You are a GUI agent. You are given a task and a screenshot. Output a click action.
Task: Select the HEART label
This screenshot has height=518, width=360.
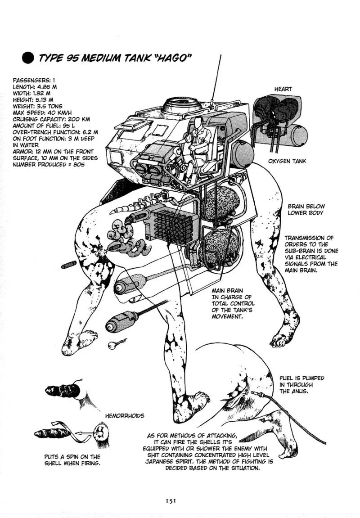click(283, 89)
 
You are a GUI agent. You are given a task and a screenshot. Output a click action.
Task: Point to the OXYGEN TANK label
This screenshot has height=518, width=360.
click(287, 161)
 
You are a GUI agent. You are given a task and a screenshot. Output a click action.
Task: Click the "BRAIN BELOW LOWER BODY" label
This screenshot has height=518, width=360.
click(306, 209)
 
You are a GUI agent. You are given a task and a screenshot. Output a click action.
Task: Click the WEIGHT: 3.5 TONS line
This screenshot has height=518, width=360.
click(38, 106)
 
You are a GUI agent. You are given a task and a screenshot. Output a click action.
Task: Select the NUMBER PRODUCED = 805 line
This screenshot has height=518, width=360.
click(49, 165)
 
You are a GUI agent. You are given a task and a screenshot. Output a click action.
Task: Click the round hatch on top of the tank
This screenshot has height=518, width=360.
click(182, 106)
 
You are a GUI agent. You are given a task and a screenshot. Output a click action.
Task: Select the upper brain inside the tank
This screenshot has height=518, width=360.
click(220, 203)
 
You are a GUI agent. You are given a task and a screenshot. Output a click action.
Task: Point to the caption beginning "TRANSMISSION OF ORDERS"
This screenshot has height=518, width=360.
click(311, 254)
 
